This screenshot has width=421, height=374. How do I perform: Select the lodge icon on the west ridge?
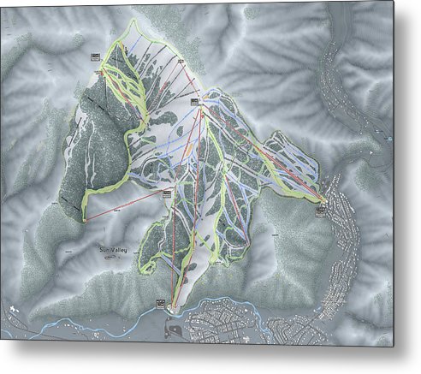pos(94,56)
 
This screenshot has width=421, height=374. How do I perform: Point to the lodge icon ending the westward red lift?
pos(165,193)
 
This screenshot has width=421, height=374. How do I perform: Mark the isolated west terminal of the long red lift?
pos(85,220)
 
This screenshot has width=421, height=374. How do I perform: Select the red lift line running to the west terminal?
pos(124,206)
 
